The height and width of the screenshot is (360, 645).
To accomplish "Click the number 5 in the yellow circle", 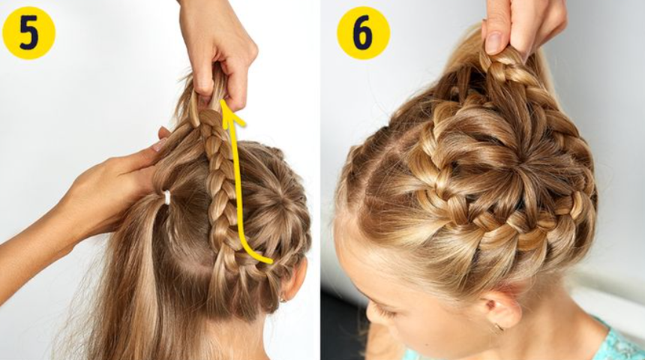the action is pos(28,33).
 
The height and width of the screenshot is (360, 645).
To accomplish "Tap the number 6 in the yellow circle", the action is pos(363,33).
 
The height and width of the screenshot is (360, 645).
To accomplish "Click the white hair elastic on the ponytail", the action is pos(166,197).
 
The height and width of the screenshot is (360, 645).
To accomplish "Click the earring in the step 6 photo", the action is pos(499,327).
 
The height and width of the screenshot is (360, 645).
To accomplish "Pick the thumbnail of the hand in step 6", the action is pos(493,41).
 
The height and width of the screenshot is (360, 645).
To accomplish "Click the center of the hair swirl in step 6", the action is pos(519,168).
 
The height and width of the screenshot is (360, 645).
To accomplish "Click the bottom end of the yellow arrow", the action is pos(271,261).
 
